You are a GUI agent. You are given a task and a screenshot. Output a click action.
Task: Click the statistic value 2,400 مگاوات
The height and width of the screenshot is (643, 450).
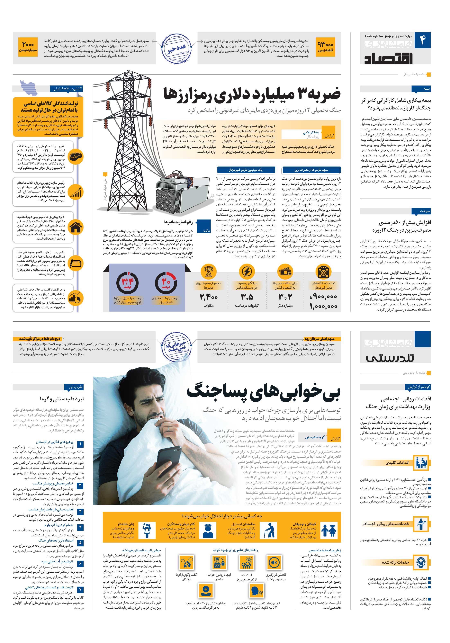pyautogui.click(x=209, y=297)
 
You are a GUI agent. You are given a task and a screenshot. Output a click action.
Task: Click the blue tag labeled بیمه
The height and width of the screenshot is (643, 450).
pyautogui.click(x=421, y=89)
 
